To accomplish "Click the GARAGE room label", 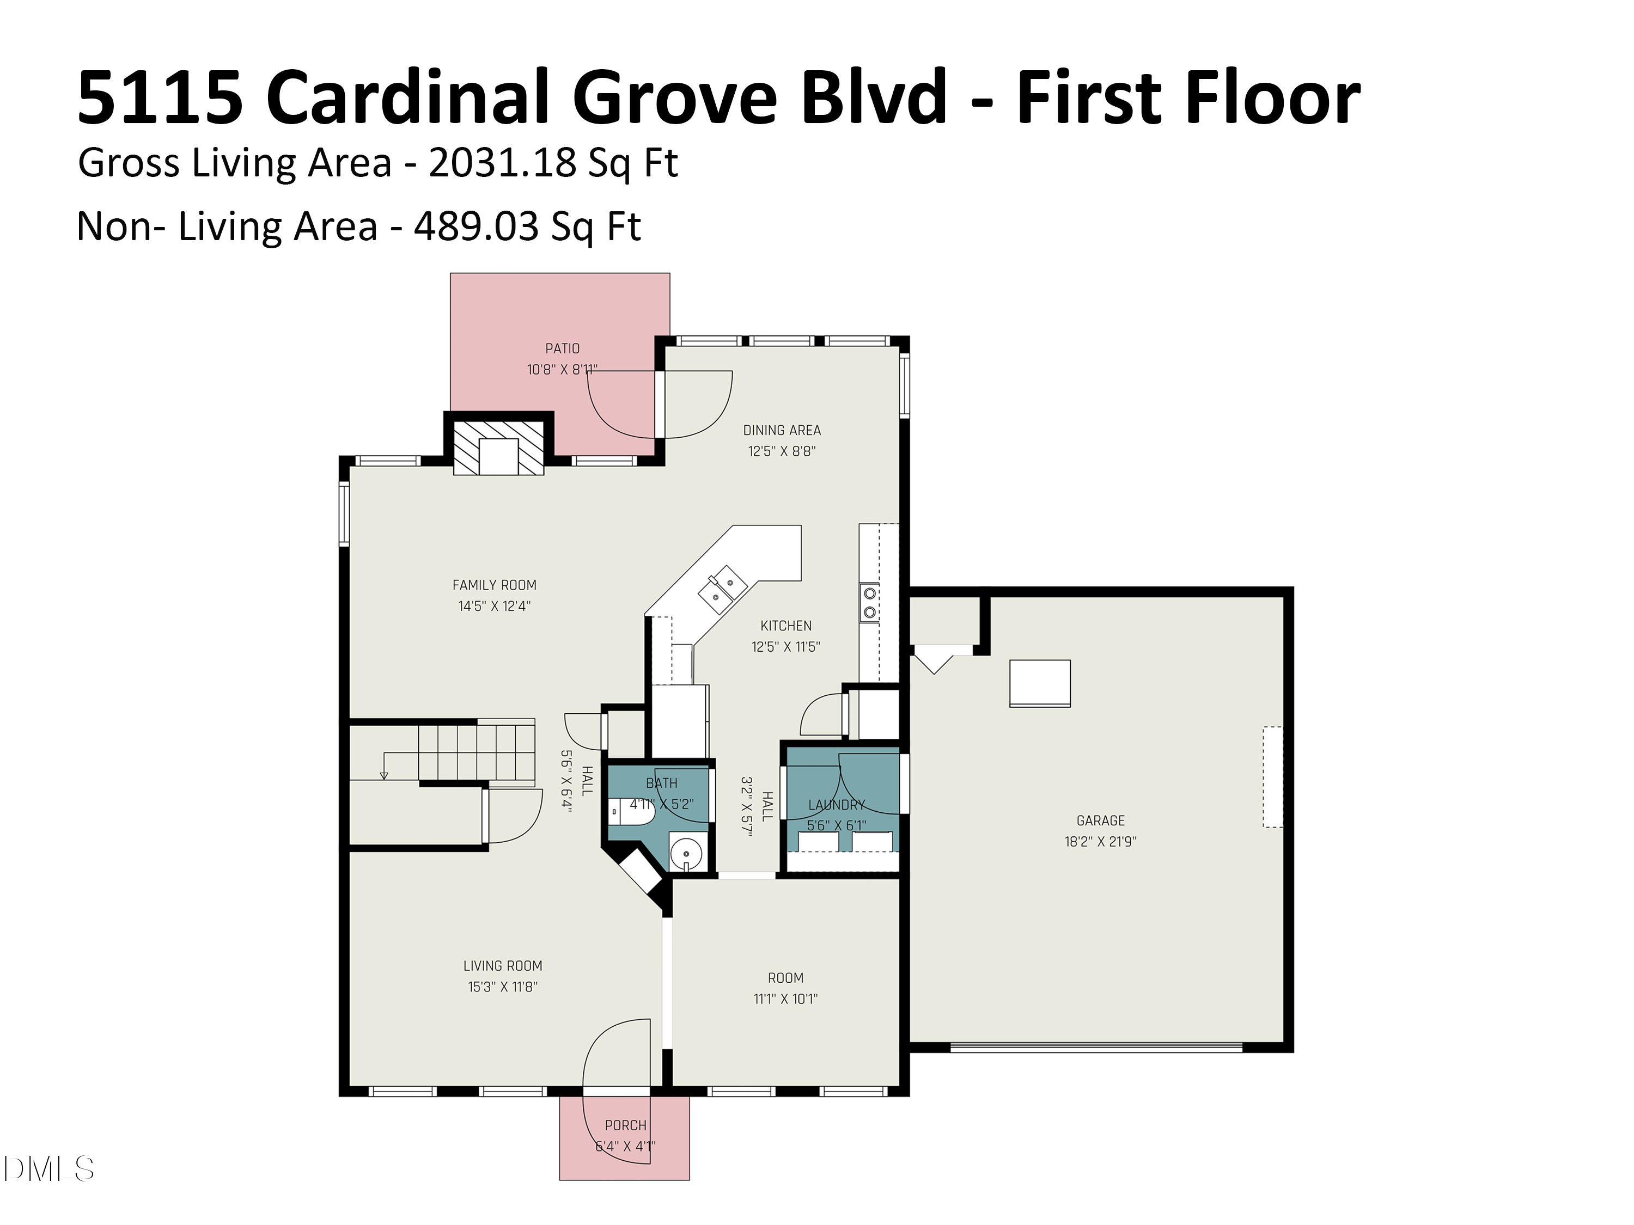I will pos(1100,820).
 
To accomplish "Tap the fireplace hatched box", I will pos(498,448).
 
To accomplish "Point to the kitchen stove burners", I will pos(869,602).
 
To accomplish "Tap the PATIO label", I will pos(562,348).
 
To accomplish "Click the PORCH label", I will pos(625,1125).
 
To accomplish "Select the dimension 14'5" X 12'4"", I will pos(494,606).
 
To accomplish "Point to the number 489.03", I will pos(475,226).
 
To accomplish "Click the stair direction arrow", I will pos(383,775).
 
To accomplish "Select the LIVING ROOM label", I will pos(502,966).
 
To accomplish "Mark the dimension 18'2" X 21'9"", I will pos(1100,842).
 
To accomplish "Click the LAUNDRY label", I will pos(836,805).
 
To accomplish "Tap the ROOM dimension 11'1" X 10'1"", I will pos(785,999).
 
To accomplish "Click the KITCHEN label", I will pos(786,626).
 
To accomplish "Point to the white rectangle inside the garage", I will pos(1039,683).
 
